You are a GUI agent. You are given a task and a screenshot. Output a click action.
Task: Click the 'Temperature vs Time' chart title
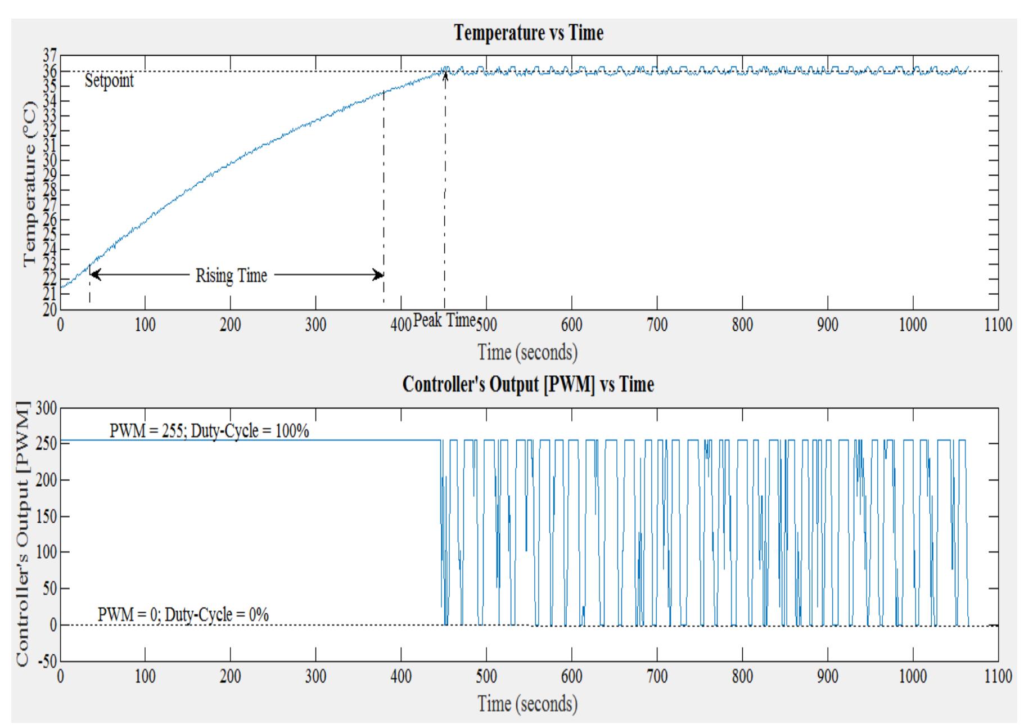click(x=528, y=33)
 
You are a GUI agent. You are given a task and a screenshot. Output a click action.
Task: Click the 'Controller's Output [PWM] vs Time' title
click(x=528, y=384)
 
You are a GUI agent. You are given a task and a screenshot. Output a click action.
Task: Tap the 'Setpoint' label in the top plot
click(x=109, y=80)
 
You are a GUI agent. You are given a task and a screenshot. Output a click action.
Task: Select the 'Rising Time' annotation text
click(x=231, y=276)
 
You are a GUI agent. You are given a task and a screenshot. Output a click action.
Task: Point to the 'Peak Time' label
click(x=444, y=320)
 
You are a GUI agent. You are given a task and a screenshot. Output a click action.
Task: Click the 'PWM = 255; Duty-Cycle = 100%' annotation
click(x=209, y=431)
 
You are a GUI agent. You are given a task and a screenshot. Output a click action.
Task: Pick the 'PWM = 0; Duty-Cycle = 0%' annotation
click(x=183, y=614)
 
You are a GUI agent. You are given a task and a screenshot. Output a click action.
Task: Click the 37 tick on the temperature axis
click(x=49, y=56)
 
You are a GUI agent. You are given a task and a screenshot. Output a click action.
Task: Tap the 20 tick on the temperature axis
click(x=49, y=309)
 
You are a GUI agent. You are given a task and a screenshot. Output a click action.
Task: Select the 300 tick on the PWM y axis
click(x=46, y=408)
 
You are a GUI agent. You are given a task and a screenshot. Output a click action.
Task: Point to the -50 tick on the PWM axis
click(x=46, y=661)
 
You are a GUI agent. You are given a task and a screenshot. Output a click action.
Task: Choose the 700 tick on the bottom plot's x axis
click(x=657, y=676)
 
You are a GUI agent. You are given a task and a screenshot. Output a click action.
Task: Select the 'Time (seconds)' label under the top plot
click(x=527, y=352)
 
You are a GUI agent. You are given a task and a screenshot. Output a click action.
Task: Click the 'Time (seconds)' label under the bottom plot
click(x=527, y=703)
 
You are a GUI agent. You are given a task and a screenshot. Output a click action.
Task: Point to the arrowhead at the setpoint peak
click(x=445, y=75)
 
